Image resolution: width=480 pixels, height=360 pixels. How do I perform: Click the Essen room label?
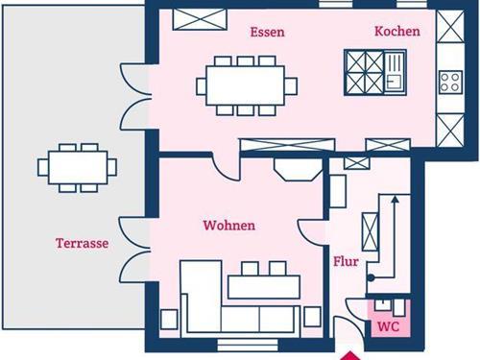(267, 32)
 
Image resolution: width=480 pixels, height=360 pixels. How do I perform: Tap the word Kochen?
(397, 31)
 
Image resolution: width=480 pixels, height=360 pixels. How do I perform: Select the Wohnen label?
(229, 226)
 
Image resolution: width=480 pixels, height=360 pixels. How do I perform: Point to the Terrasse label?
(83, 243)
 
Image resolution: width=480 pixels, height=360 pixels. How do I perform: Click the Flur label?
(346, 261)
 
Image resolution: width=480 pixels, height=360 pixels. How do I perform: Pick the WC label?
(389, 326)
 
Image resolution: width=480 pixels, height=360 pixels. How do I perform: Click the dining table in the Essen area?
(246, 85)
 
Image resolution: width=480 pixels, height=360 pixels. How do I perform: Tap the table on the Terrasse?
(78, 168)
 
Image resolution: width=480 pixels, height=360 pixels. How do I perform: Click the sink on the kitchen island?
(395, 72)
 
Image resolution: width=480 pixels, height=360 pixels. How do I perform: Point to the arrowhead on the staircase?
(396, 200)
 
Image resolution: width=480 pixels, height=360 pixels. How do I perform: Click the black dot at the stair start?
(371, 277)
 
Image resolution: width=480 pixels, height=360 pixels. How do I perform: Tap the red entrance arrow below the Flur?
(350, 356)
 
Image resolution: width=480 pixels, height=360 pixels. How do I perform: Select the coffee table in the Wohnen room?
(264, 287)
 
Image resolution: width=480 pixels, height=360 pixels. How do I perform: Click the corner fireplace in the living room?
(299, 170)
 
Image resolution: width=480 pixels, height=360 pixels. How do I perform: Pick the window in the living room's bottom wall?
(248, 346)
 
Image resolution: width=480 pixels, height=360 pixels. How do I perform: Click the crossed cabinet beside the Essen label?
(200, 19)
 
